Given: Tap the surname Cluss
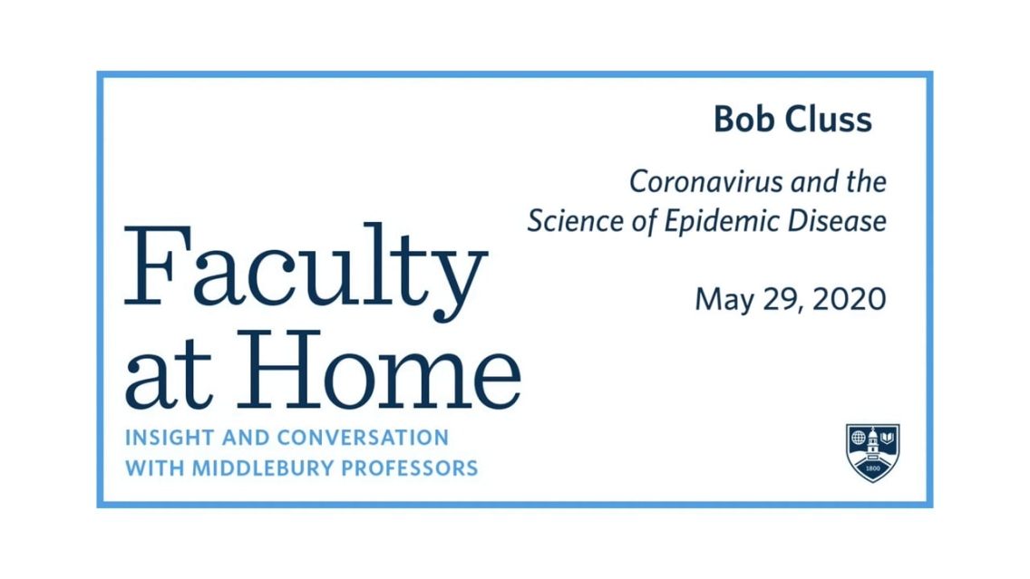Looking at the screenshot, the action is tap(829, 120).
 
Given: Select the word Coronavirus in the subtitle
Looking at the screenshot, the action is tap(706, 182).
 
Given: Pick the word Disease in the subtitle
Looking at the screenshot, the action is tap(837, 220).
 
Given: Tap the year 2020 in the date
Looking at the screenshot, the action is tap(850, 299).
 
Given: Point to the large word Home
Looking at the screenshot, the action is tap(379, 370).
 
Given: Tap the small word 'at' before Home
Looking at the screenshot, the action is tap(169, 378).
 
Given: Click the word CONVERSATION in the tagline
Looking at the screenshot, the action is tap(363, 438).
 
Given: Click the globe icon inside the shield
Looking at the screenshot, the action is tap(859, 438).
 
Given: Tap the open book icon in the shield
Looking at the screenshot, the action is tap(888, 438).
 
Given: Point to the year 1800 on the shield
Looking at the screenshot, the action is tap(873, 468).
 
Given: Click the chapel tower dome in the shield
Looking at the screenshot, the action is tap(873, 434).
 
